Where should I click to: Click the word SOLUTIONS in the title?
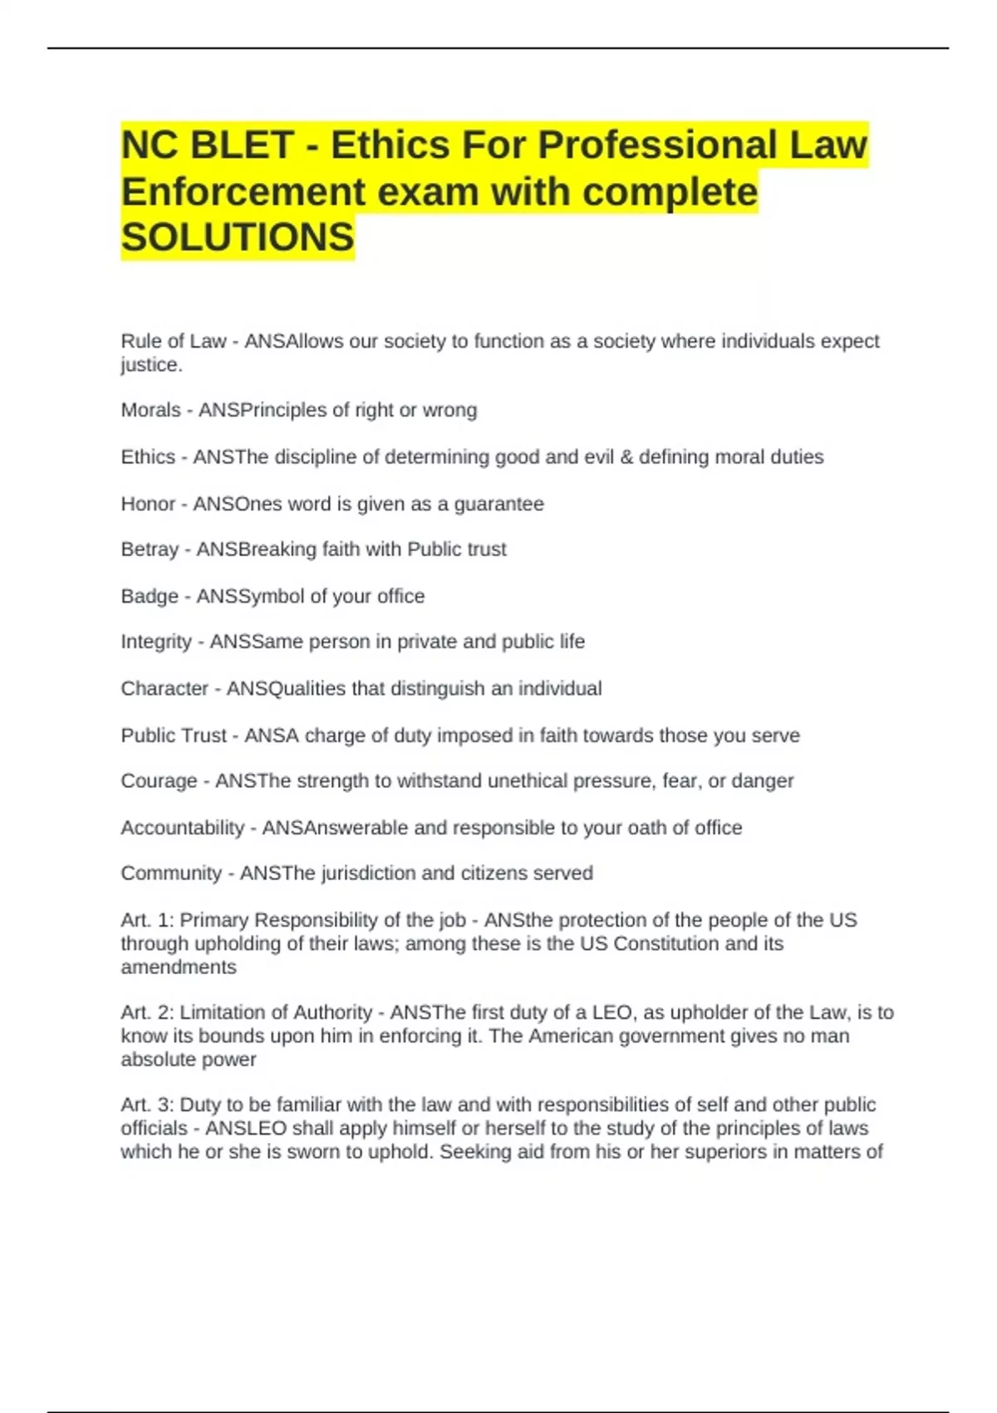[238, 238]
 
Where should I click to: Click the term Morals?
[150, 411]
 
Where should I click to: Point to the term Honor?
[148, 505]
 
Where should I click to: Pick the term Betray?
[150, 549]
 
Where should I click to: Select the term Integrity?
[156, 642]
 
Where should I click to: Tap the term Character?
[165, 689]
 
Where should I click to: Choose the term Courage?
[159, 781]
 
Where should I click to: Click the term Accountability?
[183, 828]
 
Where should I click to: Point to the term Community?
[171, 874]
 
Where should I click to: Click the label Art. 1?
[147, 920]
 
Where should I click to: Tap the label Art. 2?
[147, 1012]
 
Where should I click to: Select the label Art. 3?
[147, 1105]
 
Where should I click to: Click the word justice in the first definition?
[149, 365]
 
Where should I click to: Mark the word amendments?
[179, 967]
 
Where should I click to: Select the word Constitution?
[666, 944]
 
